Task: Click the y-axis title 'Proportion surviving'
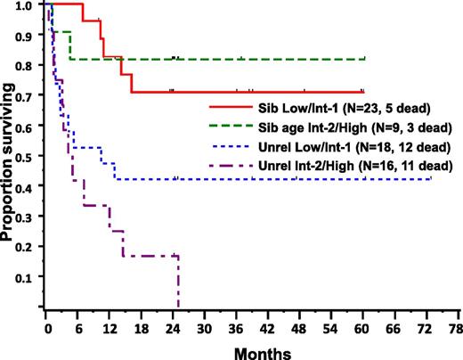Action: [x=11, y=155]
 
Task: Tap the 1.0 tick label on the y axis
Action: [x=28, y=5]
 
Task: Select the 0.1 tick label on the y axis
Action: [x=28, y=278]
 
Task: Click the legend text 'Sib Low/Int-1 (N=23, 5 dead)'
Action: [x=341, y=108]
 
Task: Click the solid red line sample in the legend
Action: [x=227, y=108]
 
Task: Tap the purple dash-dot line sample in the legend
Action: [x=227, y=166]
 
